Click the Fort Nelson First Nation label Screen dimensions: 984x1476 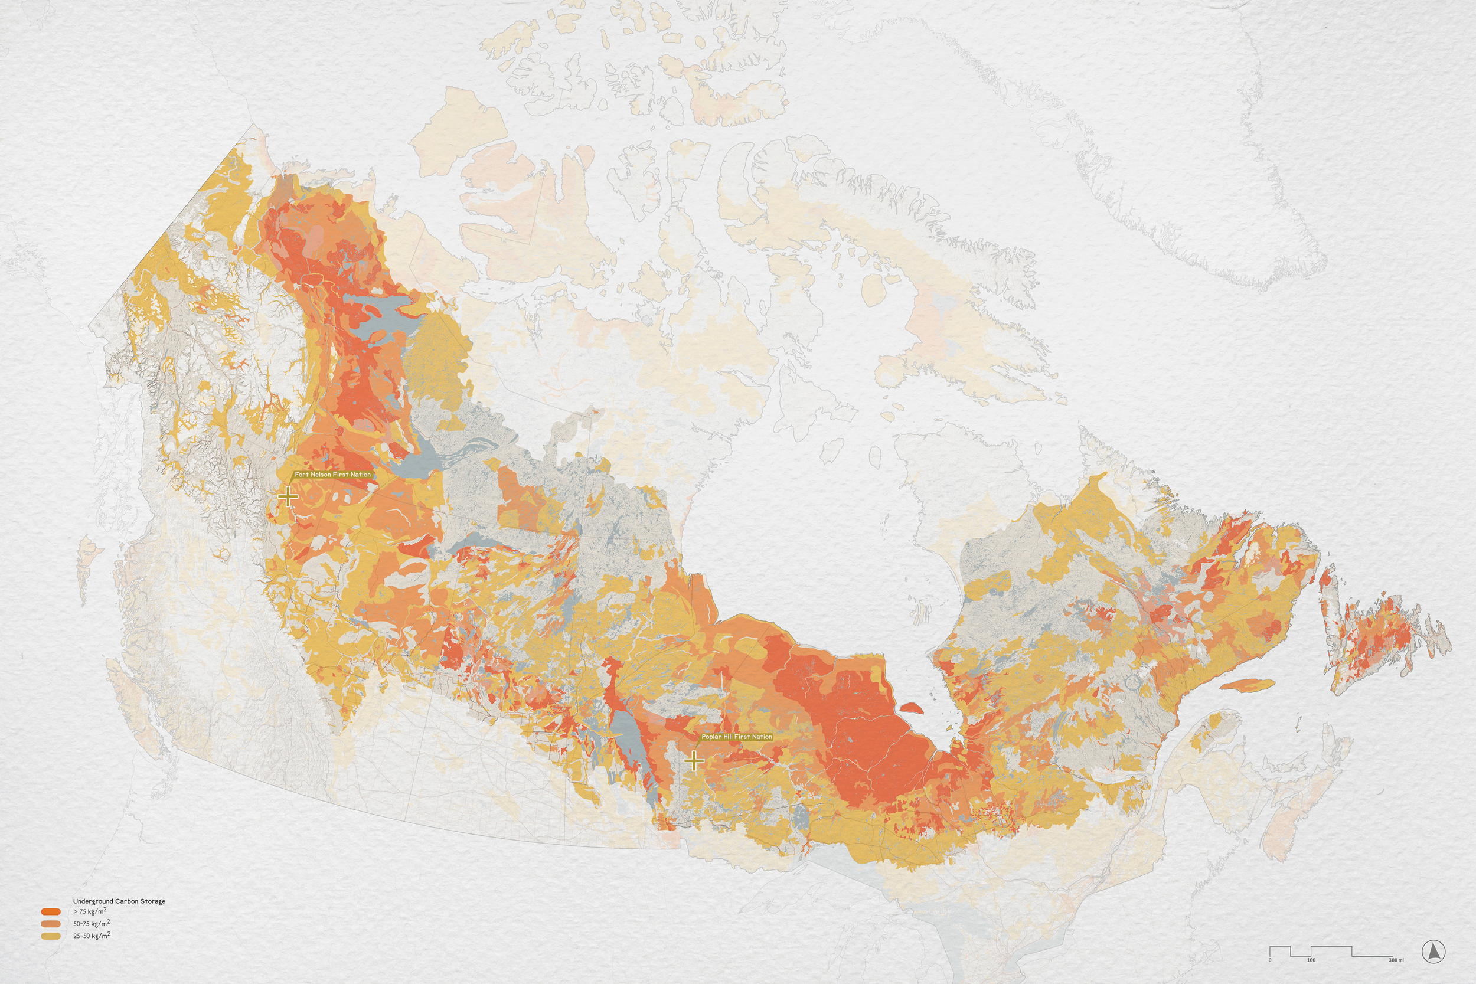332,475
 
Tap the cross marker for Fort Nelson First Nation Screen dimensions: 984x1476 288,496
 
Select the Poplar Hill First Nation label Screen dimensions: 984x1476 736,737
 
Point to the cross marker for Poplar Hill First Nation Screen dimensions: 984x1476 694,761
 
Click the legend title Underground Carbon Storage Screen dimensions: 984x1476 119,901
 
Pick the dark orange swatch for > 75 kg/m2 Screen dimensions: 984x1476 51,911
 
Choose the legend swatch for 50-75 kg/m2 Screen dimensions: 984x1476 51,924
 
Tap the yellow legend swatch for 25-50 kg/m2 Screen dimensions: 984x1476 51,936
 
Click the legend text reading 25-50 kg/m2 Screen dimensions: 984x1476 92,936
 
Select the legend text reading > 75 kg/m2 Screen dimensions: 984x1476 90,911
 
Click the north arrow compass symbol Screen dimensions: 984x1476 1433,952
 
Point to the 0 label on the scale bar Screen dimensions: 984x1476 1270,960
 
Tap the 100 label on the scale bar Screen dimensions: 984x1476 1311,960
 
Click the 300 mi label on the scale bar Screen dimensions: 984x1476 1396,960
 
